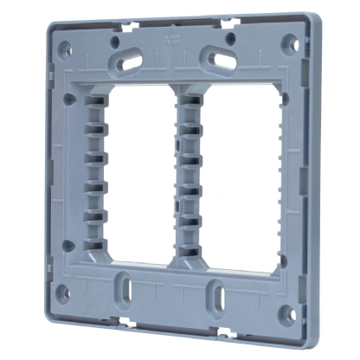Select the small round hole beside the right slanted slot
228,38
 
